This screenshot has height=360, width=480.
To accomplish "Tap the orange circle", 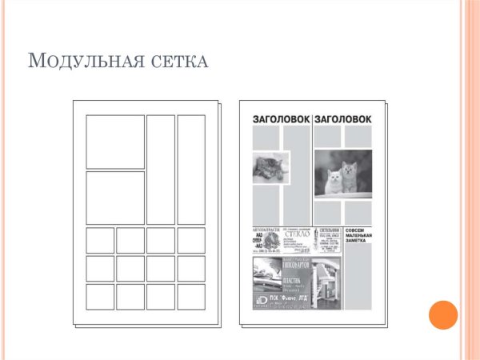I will [x=442, y=314].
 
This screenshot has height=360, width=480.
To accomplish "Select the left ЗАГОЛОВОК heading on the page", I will [x=282, y=119].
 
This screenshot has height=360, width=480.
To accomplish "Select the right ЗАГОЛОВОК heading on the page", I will [x=343, y=119].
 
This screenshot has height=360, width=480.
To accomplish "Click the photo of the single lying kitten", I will [x=270, y=168].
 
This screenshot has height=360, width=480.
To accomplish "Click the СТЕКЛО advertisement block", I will [x=296, y=240].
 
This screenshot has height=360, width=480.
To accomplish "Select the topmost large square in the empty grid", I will [x=115, y=142].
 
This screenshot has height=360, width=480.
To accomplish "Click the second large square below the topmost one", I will [x=115, y=198].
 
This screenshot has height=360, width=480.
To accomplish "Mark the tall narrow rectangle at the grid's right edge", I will [x=191, y=170].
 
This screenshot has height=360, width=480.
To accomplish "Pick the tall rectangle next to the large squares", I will [x=160, y=170].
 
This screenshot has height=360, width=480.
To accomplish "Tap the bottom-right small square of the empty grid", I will [x=191, y=296].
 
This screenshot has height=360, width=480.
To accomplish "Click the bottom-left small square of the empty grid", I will [x=100, y=296].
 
